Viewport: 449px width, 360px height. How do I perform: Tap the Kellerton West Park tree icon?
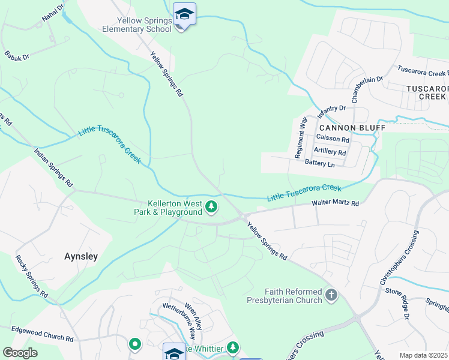click(x=211, y=207)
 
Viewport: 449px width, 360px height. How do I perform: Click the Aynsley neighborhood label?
click(x=81, y=256)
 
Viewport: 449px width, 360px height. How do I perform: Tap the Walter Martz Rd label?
click(x=335, y=204)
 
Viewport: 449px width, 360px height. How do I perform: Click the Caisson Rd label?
click(x=332, y=139)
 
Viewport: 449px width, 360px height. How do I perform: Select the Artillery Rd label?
click(x=330, y=152)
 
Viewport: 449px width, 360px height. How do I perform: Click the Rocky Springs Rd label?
click(x=31, y=276)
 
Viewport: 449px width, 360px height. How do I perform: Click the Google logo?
click(x=20, y=352)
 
